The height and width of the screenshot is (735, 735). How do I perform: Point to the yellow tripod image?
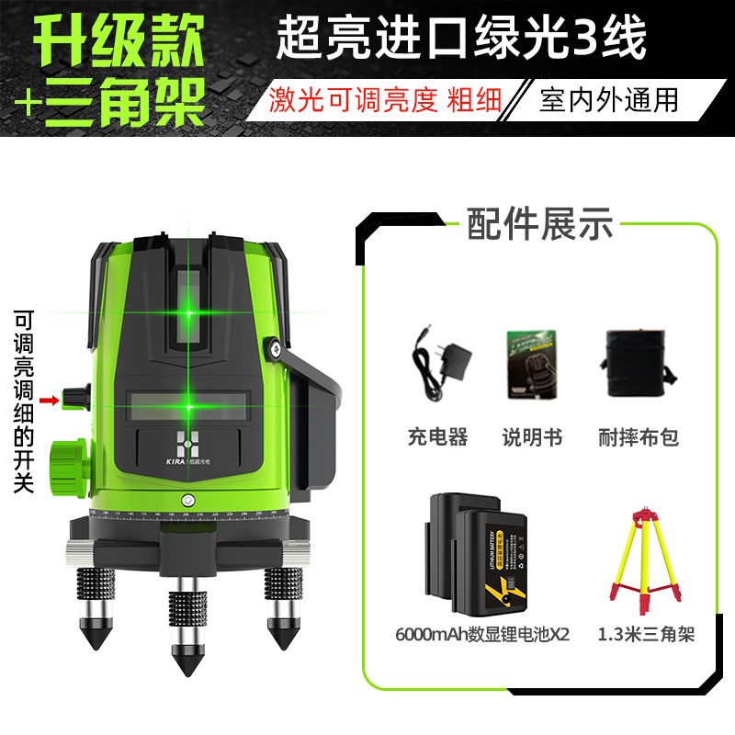(644, 560)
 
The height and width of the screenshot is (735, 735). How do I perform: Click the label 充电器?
(437, 437)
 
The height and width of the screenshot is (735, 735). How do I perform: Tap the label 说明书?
(532, 437)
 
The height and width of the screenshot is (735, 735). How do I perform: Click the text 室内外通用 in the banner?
(609, 99)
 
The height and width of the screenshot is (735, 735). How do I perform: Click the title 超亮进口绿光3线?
(461, 40)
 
